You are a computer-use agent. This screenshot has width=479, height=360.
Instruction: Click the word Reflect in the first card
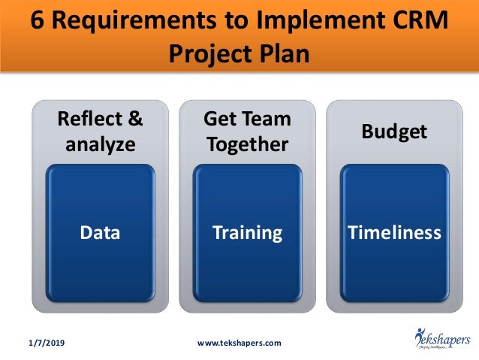click(x=87, y=119)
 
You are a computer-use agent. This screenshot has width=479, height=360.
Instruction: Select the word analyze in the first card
click(x=101, y=144)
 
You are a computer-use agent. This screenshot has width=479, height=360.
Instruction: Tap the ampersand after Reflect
click(x=133, y=119)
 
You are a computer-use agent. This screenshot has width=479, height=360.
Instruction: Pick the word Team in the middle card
click(x=265, y=119)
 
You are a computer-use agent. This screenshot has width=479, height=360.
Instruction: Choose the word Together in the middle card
click(x=247, y=144)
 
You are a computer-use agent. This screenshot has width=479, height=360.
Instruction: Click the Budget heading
click(x=394, y=132)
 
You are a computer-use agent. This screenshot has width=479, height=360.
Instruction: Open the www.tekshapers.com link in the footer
click(x=238, y=343)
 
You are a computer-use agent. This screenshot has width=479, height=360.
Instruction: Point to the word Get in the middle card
click(x=220, y=119)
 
